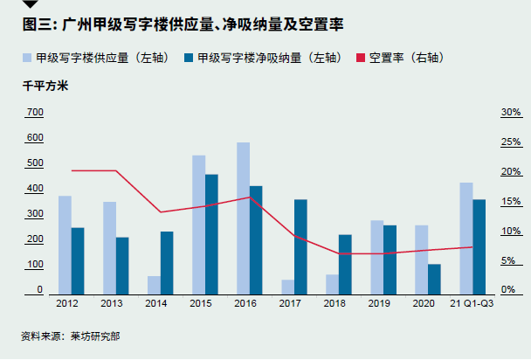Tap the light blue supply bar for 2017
(x=287, y=286)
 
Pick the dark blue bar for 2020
(x=435, y=278)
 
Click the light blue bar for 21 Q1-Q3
(x=466, y=237)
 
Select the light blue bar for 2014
(x=153, y=284)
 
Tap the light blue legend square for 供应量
(x=28, y=59)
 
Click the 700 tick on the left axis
(x=35, y=113)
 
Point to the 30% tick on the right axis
(x=511, y=113)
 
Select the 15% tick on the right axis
(x=511, y=202)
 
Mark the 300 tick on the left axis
(x=35, y=214)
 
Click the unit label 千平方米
(x=45, y=86)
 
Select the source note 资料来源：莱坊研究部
(x=71, y=336)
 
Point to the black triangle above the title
(x=29, y=4)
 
